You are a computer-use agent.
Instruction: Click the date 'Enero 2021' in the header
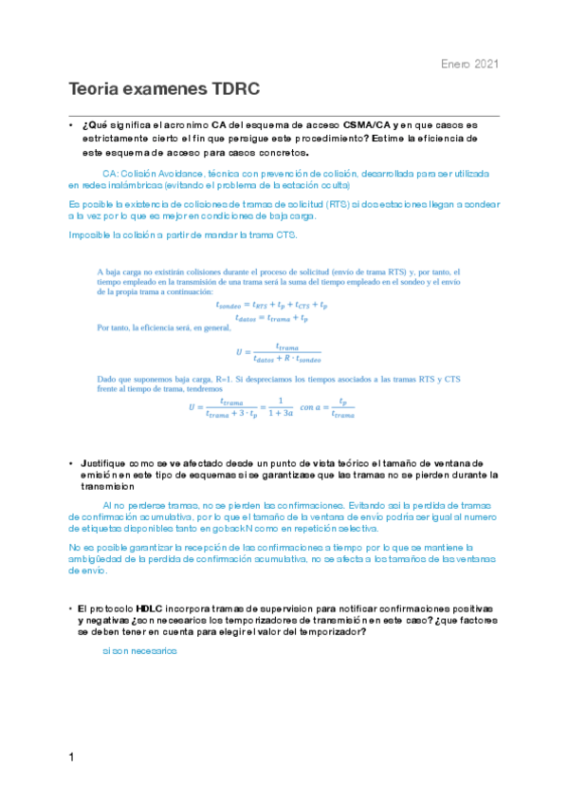point(470,64)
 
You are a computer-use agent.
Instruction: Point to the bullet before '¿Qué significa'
point(71,125)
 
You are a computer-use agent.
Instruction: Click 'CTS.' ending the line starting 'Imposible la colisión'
point(283,234)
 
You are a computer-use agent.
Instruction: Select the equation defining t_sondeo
point(271,306)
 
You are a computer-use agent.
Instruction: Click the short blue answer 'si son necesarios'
point(139,651)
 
